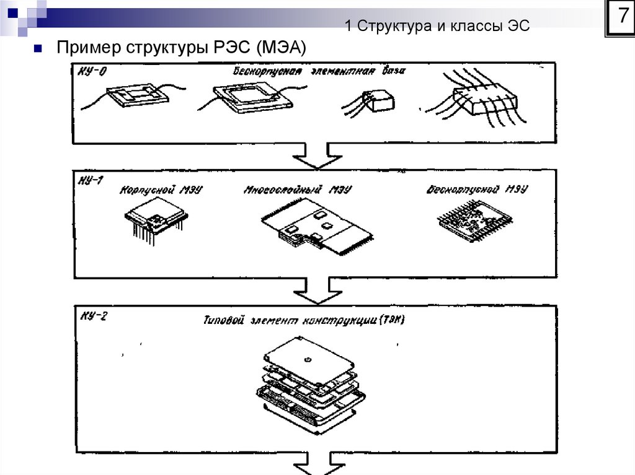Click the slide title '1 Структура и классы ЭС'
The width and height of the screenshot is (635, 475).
pyautogui.click(x=437, y=26)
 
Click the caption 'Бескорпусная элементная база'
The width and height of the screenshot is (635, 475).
pyautogui.click(x=319, y=71)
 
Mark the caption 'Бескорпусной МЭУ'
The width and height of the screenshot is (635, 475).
pyautogui.click(x=476, y=190)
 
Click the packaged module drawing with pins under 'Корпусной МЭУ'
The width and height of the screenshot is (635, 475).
pyautogui.click(x=155, y=221)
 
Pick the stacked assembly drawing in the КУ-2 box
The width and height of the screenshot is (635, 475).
pyautogui.click(x=310, y=384)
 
